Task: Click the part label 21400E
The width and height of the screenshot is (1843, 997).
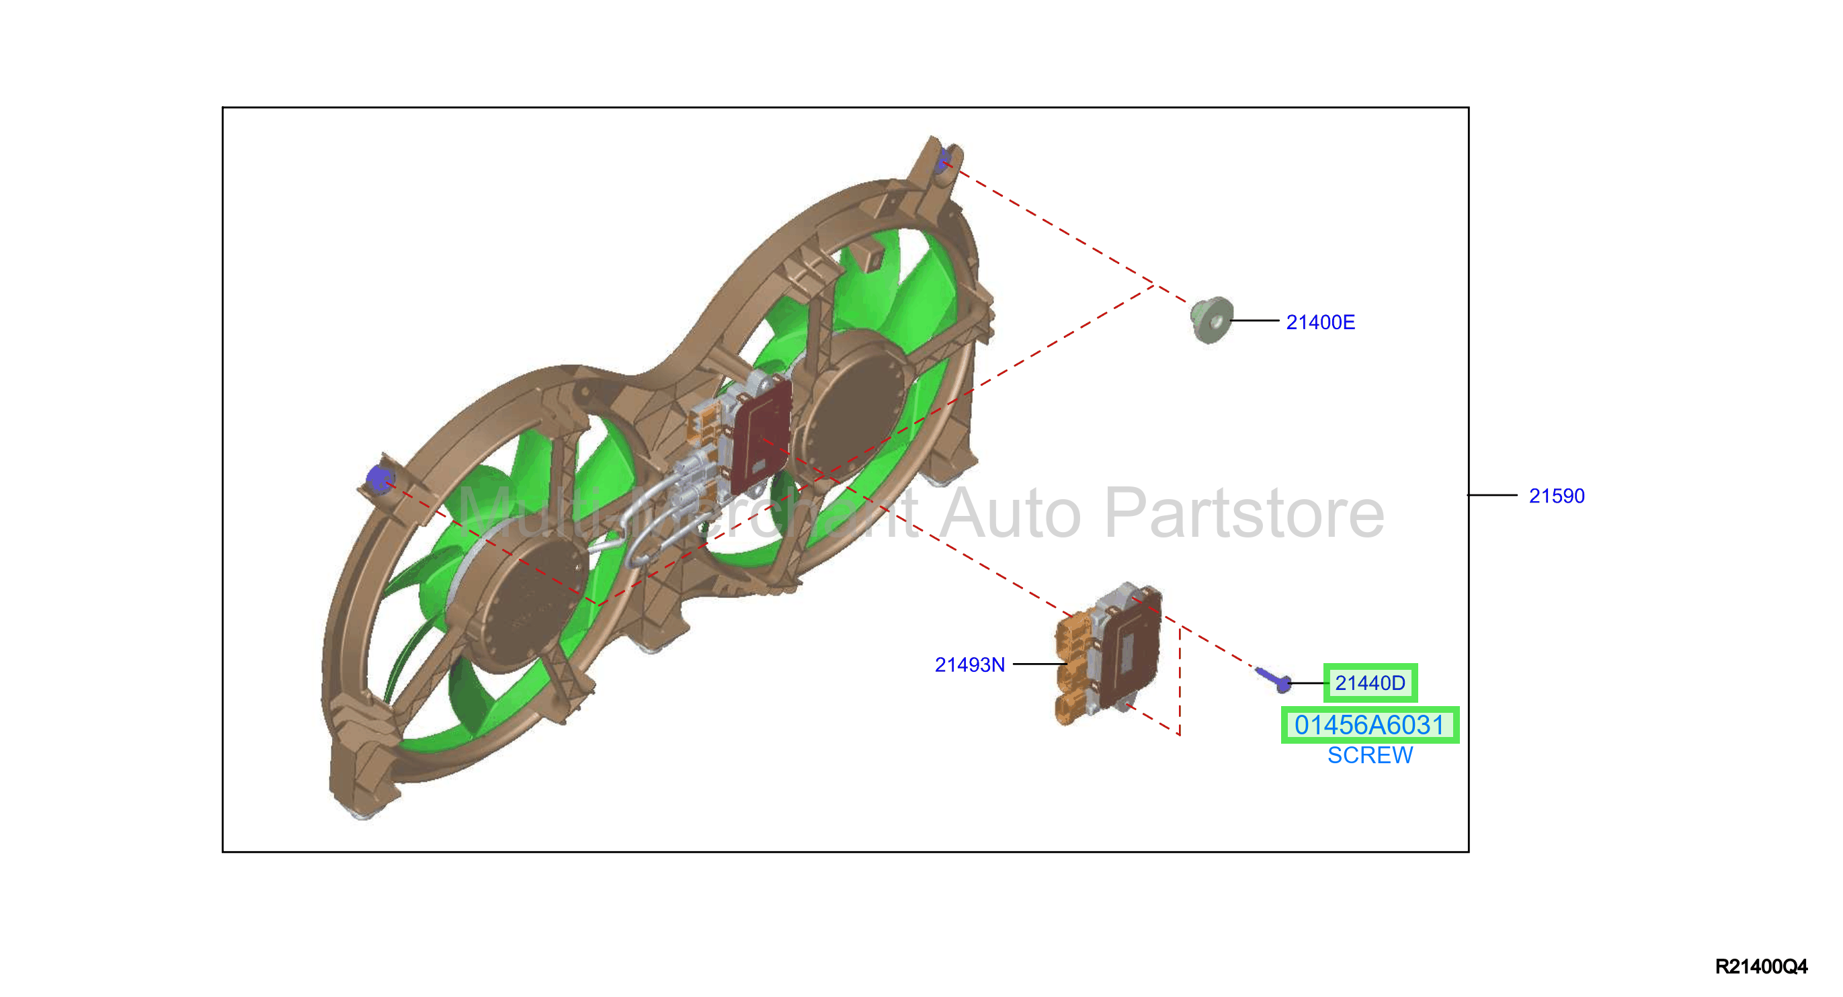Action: coord(1320,322)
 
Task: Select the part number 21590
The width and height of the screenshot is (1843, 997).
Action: coord(1556,496)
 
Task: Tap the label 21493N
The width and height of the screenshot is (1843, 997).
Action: coord(969,665)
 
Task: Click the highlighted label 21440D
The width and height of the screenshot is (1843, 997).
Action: coord(1369,683)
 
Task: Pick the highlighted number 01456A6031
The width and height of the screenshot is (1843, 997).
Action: coord(1369,725)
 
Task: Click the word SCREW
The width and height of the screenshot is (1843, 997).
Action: coord(1369,755)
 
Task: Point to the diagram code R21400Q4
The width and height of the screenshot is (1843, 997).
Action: coord(1761,966)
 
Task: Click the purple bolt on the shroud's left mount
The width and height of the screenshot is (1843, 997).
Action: coord(378,478)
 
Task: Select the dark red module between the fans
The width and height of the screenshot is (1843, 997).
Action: coord(761,436)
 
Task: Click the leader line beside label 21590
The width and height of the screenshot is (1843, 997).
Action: coord(1491,495)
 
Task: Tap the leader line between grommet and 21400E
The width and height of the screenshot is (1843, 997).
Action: coord(1255,320)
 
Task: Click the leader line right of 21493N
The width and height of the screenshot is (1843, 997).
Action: coord(1040,664)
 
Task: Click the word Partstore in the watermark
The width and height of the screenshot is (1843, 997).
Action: coord(1244,513)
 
